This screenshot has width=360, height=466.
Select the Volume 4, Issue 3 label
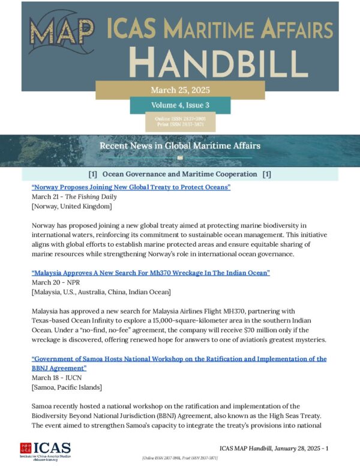tap(180, 106)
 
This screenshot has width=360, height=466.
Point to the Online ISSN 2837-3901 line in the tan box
tap(180, 119)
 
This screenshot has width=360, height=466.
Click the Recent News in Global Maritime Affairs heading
tap(180, 146)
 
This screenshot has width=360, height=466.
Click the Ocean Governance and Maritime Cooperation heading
tap(180, 174)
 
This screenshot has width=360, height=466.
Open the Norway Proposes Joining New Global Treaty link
tap(131, 188)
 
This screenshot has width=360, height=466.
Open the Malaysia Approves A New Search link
tap(150, 273)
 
